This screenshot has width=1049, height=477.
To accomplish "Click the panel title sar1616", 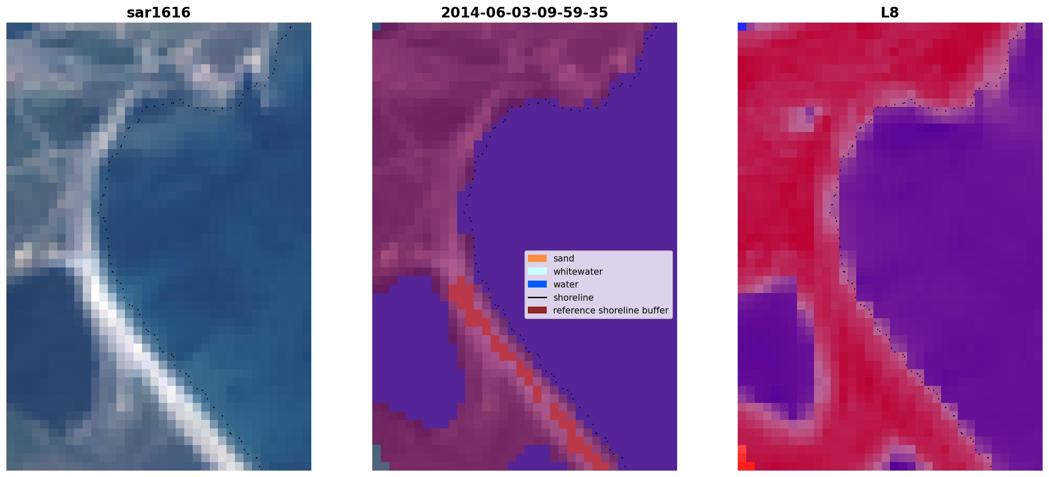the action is [x=159, y=13].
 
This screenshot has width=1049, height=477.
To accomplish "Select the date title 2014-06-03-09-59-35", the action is [x=524, y=13].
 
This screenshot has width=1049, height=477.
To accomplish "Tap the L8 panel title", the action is [x=890, y=13].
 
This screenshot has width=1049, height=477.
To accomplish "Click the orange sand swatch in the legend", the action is [x=537, y=259].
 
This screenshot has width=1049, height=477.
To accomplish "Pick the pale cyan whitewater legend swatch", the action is [x=537, y=271].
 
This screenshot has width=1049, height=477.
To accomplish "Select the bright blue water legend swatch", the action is [x=537, y=284].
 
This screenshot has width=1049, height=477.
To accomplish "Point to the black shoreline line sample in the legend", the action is [x=537, y=297].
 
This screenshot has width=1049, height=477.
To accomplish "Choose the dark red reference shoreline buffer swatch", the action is [x=537, y=310].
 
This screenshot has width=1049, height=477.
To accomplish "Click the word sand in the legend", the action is [x=564, y=259].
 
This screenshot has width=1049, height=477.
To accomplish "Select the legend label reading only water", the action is [x=566, y=284].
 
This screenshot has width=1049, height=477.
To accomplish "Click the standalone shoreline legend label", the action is [x=574, y=298].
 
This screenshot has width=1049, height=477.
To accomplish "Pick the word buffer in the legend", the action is [x=655, y=310].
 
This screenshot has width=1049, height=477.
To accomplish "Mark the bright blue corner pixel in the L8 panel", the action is [x=742, y=26].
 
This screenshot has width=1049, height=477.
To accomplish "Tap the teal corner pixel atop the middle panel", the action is [x=376, y=26].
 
